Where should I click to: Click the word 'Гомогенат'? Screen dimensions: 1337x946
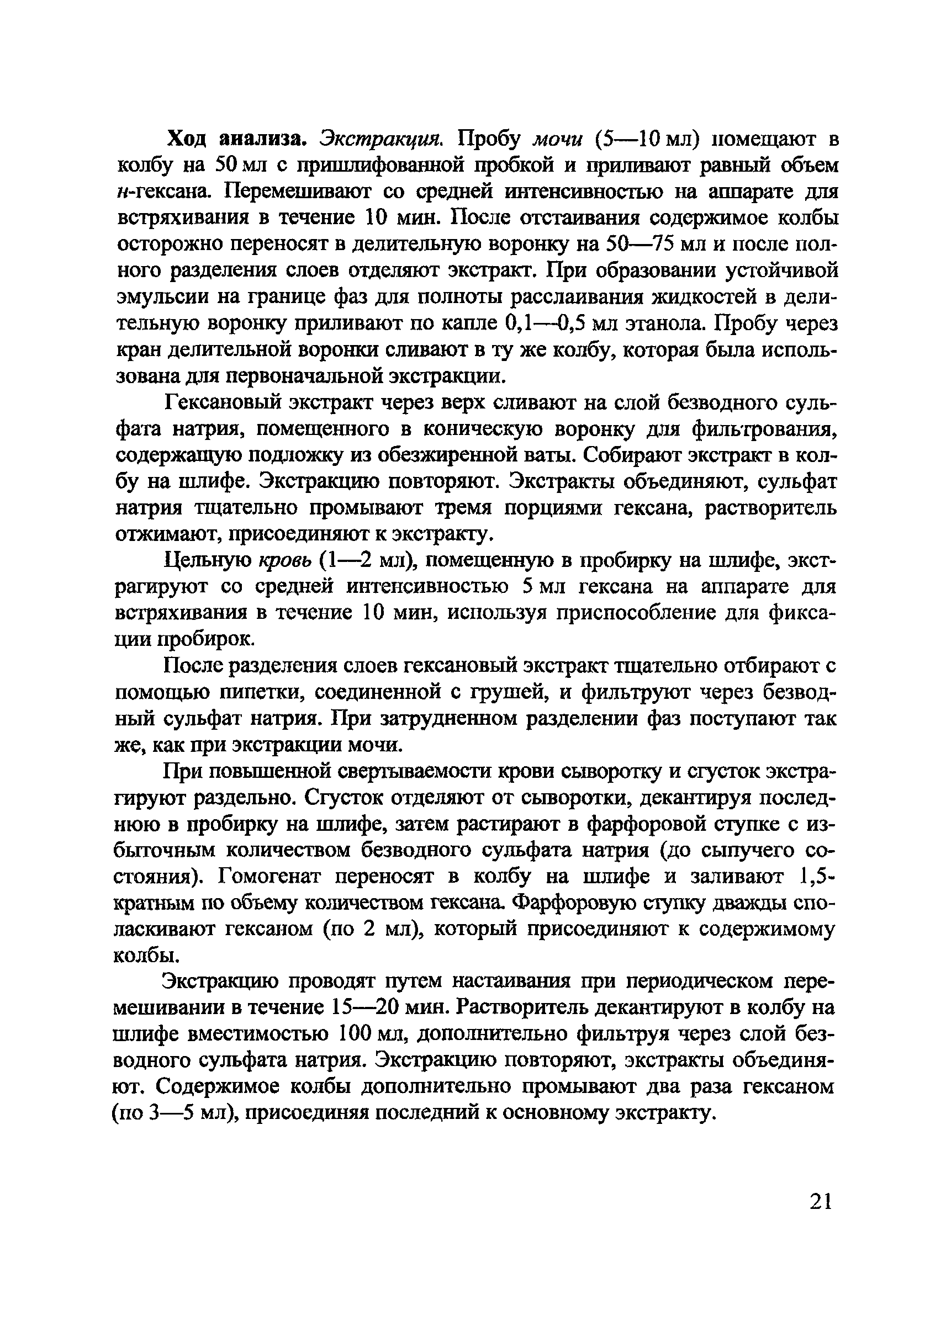(272, 877)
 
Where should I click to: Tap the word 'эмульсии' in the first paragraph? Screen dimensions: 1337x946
(161, 298)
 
